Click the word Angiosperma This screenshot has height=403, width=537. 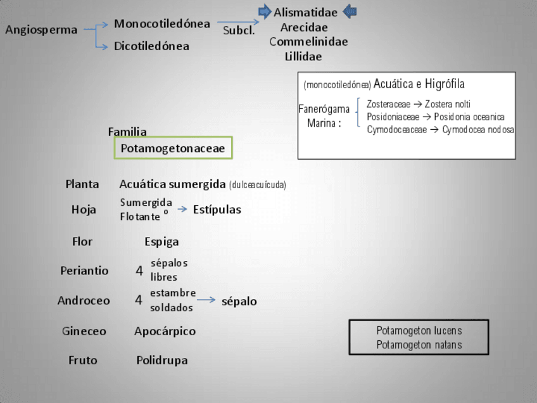pyautogui.click(x=41, y=30)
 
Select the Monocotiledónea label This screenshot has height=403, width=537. pyautogui.click(x=162, y=24)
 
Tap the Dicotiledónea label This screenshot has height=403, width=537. pyautogui.click(x=151, y=46)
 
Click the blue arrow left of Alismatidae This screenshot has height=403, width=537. pyautogui.click(x=265, y=11)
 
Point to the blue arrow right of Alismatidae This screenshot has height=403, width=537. pyautogui.click(x=350, y=11)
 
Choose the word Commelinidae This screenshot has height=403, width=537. pyautogui.click(x=308, y=42)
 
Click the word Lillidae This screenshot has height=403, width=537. pyautogui.click(x=303, y=56)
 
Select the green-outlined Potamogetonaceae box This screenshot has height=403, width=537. pyautogui.click(x=173, y=148)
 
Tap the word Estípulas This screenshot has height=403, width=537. pyautogui.click(x=217, y=210)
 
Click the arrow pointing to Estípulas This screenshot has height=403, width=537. pyautogui.click(x=182, y=209)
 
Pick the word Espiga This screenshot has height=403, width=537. pyautogui.click(x=161, y=241)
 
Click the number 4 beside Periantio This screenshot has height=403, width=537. pyautogui.click(x=139, y=271)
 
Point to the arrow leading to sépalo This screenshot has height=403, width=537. pyautogui.click(x=206, y=300)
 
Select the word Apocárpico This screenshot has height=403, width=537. pyautogui.click(x=165, y=331)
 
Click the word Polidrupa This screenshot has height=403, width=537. pyautogui.click(x=162, y=361)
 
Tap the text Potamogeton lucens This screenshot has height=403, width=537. pyautogui.click(x=419, y=331)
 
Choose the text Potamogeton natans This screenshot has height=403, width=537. pyautogui.click(x=419, y=345)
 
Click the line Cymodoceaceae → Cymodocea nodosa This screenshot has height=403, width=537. pyautogui.click(x=441, y=130)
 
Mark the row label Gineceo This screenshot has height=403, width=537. pyautogui.click(x=84, y=331)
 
